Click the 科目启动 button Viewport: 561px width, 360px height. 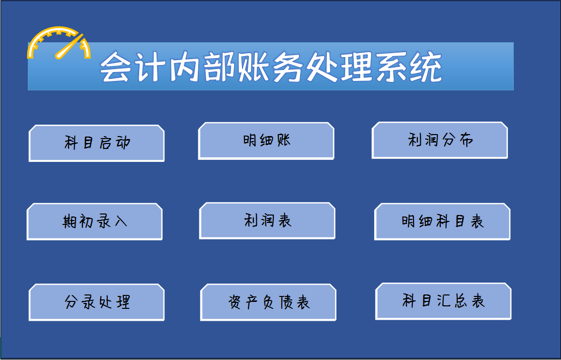click(97, 144)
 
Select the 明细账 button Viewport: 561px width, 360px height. click(266, 141)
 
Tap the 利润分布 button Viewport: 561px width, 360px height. click(440, 141)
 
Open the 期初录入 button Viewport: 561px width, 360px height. click(94, 221)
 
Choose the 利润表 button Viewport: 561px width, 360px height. click(267, 220)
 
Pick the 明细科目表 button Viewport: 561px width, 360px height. click(442, 221)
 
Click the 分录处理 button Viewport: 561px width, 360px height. click(97, 302)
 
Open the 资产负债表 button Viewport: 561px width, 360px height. click(268, 302)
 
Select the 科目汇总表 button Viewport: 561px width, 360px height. click(443, 301)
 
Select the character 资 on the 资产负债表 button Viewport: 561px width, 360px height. click(236, 302)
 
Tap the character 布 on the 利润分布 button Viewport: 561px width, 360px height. click(465, 141)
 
